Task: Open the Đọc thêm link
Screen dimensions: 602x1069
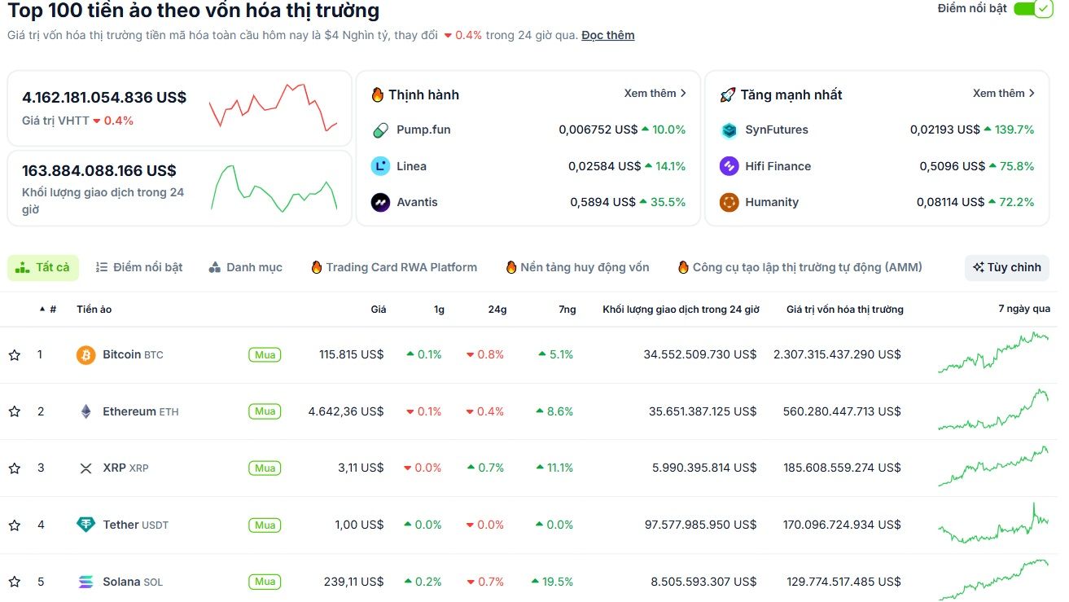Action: [607, 35]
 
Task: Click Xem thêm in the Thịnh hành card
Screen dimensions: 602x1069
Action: [655, 94]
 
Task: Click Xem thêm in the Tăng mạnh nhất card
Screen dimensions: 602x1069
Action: [1003, 94]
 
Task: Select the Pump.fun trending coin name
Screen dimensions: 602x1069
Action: [423, 130]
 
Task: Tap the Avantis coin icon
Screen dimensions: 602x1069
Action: [380, 202]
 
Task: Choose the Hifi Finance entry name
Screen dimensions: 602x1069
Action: [778, 166]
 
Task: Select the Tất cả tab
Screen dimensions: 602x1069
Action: [43, 267]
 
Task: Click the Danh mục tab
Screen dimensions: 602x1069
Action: [246, 267]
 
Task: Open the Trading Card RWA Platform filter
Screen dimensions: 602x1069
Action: [394, 267]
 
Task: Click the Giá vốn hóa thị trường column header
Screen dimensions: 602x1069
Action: [844, 310]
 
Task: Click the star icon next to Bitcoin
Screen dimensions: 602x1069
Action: [14, 355]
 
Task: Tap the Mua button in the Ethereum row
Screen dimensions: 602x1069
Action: [265, 411]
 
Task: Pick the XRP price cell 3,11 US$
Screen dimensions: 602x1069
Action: [361, 468]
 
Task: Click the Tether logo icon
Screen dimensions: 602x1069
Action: [85, 525]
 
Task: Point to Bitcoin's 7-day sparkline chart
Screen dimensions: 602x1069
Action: [993, 354]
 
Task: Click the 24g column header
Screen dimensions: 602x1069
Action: [497, 310]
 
